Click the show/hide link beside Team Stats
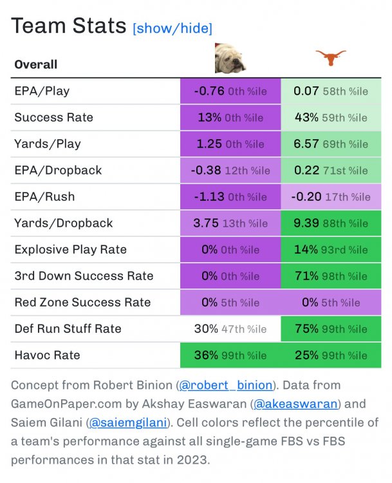172,28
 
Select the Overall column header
36,64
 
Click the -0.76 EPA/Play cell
230,91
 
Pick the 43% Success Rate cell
331,117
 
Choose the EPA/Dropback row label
58,171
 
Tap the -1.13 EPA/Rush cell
230,197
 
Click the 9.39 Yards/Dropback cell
331,223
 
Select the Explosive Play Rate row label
70,250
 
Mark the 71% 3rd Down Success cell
331,276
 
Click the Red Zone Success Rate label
82,303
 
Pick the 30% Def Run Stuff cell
230,329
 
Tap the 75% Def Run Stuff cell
331,329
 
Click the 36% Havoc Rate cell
230,355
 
